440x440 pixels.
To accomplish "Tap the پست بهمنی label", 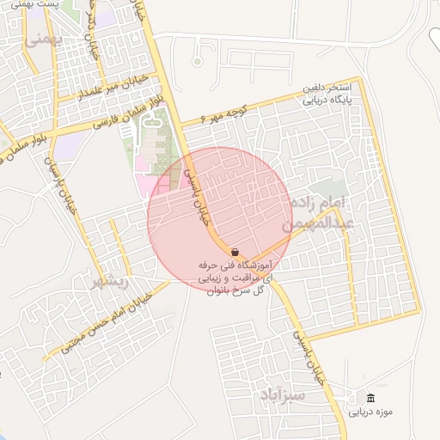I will point(44,4).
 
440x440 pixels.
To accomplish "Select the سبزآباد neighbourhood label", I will point(280,396).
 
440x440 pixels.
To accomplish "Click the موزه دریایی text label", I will point(370,412).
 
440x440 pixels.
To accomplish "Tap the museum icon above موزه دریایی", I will point(370,398).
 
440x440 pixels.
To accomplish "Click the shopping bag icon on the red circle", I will point(235,251).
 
